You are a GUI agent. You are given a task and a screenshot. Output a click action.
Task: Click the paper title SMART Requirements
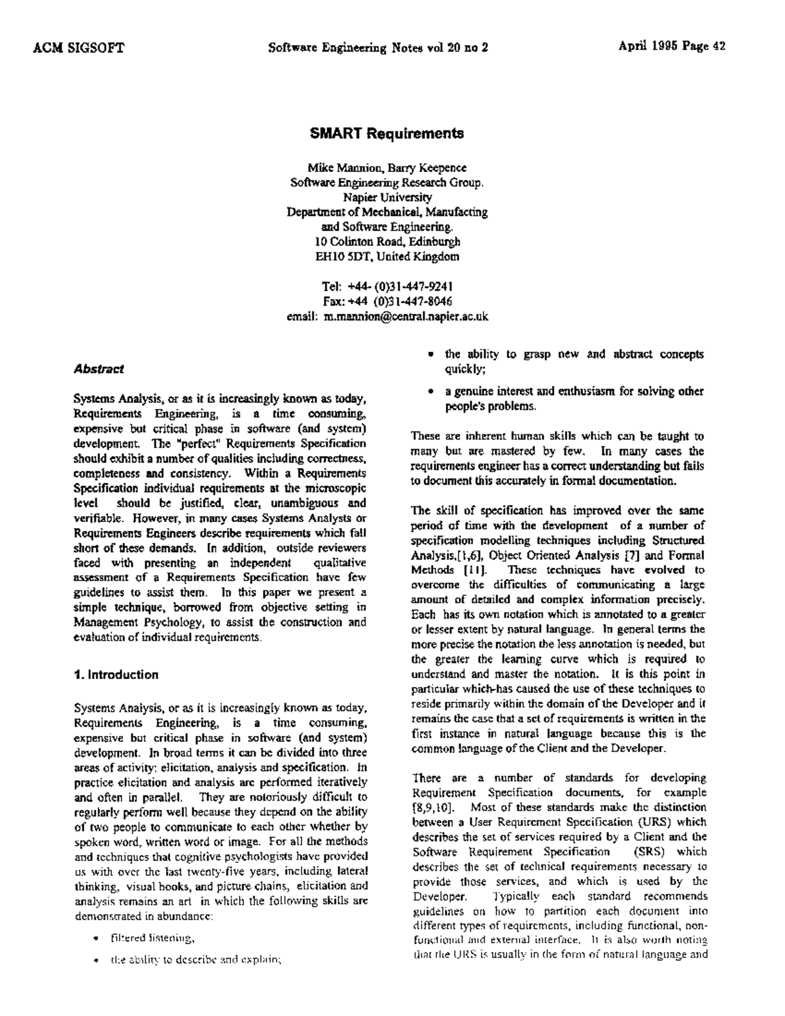387,133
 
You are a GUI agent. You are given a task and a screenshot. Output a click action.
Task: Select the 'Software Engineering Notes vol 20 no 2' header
379,47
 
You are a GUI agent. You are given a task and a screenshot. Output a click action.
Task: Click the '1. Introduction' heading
116,674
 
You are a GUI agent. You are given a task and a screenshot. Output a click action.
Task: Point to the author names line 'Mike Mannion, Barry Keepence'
387,168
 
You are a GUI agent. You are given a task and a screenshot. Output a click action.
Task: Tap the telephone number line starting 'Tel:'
388,287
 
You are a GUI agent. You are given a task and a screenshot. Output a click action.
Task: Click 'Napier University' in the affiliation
387,198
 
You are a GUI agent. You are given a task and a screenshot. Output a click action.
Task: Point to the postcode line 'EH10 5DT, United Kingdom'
387,256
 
